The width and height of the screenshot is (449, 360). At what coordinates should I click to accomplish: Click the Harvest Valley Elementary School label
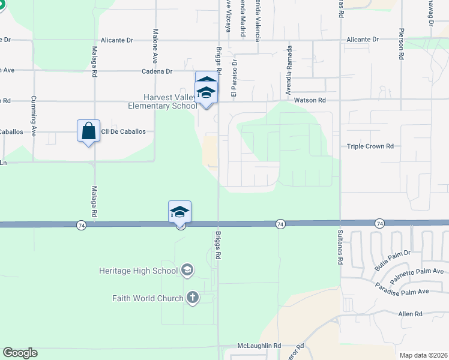pyautogui.click(x=170, y=102)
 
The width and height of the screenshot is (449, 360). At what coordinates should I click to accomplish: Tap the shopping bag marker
pyautogui.click(x=88, y=131)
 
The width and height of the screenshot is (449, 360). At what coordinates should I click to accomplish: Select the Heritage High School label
pyautogui.click(x=139, y=271)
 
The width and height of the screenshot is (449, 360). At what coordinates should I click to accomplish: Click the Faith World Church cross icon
pyautogui.click(x=192, y=298)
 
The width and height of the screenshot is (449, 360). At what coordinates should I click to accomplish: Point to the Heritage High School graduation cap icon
pyautogui.click(x=187, y=270)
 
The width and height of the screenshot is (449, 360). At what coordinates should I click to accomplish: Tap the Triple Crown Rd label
pyautogui.click(x=370, y=146)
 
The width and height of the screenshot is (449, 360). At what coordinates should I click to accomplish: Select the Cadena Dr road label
pyautogui.click(x=157, y=71)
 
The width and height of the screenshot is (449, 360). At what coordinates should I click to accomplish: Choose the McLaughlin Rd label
pyautogui.click(x=259, y=346)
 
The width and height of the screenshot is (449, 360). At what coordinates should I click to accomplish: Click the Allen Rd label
pyautogui.click(x=411, y=314)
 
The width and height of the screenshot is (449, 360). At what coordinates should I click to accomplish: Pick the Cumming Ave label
pyautogui.click(x=34, y=107)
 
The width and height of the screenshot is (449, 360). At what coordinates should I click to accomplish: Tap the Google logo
pyautogui.click(x=20, y=353)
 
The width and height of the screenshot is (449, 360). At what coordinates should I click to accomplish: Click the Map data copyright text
pyautogui.click(x=423, y=355)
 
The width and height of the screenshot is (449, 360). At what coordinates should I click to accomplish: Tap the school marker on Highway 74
pyautogui.click(x=179, y=212)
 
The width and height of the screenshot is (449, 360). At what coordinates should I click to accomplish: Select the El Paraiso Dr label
pyautogui.click(x=235, y=78)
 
